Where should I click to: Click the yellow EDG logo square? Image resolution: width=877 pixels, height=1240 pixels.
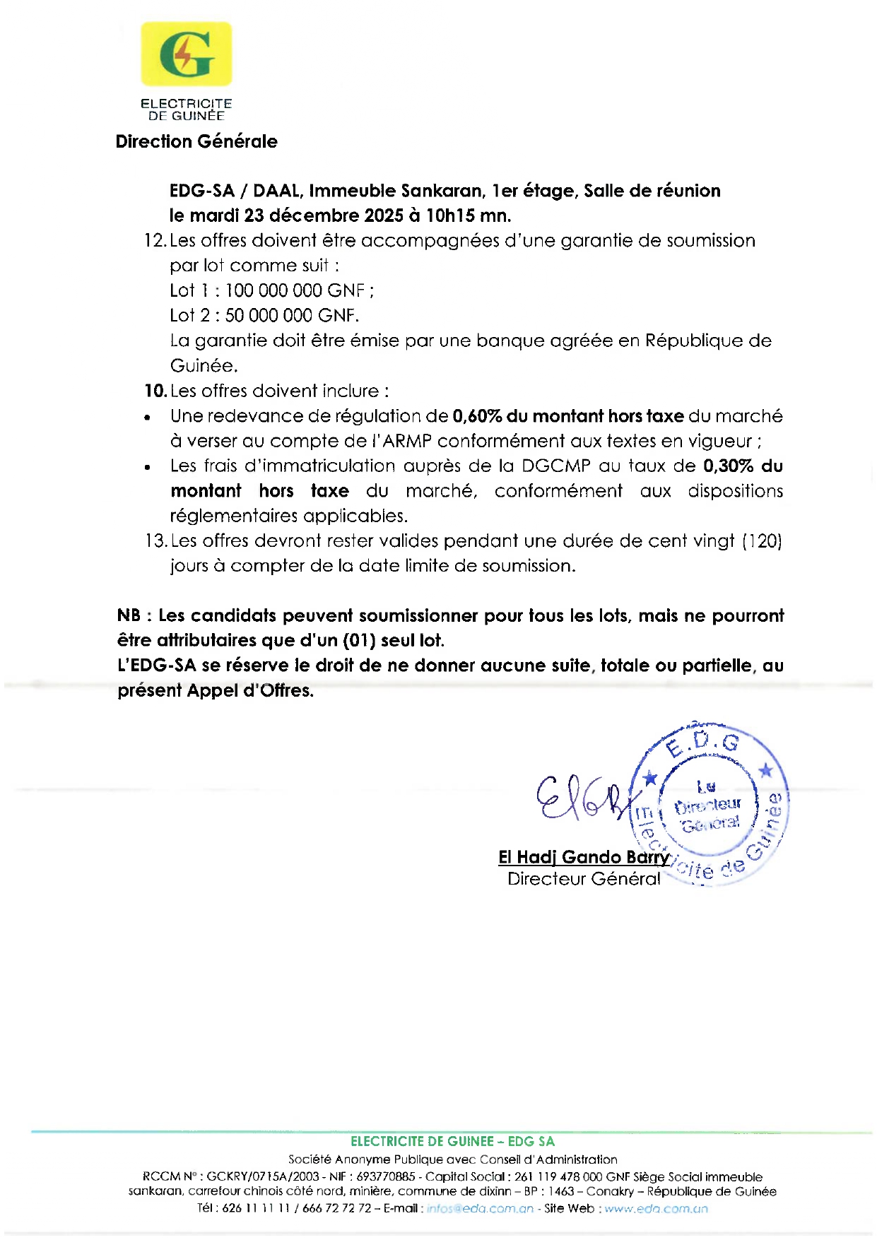186,54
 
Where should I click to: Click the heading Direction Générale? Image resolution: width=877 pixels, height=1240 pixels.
196,141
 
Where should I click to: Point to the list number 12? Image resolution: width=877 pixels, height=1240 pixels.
154,241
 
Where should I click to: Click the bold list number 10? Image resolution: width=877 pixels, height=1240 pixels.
155,391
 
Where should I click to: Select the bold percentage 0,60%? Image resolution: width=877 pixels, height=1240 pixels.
477,416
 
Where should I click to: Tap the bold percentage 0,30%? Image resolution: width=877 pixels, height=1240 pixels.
729,466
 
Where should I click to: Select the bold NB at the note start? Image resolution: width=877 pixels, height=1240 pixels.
129,615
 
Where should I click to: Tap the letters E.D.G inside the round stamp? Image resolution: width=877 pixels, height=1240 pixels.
704,743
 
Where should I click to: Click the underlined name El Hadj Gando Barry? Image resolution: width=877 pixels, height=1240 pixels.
583,857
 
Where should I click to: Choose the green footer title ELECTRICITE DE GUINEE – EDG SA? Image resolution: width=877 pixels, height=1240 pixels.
452,1141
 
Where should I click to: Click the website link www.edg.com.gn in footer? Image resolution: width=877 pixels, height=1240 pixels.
656,1209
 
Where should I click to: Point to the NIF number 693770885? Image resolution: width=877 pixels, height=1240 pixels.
386,1177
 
